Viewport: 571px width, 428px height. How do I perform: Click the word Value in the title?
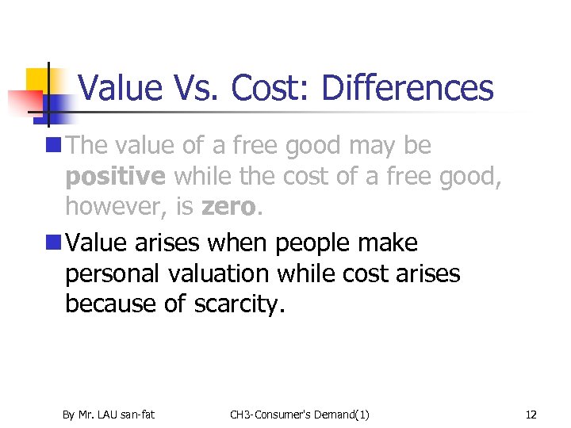pyautogui.click(x=121, y=88)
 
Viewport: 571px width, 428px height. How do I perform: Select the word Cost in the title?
pyautogui.click(x=268, y=88)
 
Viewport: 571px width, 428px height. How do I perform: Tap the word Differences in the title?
pyautogui.click(x=408, y=88)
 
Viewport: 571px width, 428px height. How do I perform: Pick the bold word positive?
pyautogui.click(x=116, y=176)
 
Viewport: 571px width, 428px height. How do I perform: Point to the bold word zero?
pyautogui.click(x=230, y=207)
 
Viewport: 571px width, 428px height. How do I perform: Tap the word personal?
pyautogui.click(x=113, y=273)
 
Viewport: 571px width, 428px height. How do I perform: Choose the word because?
pyautogui.click(x=109, y=304)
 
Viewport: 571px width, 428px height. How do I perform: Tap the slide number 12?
pyautogui.click(x=531, y=414)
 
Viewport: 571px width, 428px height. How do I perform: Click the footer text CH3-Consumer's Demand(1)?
pyautogui.click(x=299, y=414)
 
